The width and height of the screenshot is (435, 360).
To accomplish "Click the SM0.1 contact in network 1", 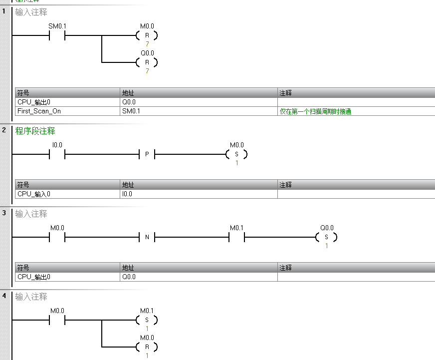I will tap(57, 35).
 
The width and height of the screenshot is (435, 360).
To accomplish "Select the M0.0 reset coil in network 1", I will tap(147, 35).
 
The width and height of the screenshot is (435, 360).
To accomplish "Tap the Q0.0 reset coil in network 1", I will tap(147, 62).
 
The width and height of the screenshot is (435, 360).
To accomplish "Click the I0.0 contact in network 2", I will tap(57, 154).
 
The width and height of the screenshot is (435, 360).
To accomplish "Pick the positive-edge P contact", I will tap(147, 154).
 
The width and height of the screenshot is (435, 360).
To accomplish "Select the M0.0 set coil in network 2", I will tap(236, 154).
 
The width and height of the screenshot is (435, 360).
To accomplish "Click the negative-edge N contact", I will tap(147, 237).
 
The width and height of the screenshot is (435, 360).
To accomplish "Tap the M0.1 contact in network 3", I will tap(236, 237).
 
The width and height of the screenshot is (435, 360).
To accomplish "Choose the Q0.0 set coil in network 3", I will tap(326, 237).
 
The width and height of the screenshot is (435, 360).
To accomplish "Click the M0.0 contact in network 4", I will tap(57, 320).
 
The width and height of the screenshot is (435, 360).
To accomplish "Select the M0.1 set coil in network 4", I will tap(147, 320).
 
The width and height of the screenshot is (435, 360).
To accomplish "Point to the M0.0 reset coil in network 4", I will tap(147, 347).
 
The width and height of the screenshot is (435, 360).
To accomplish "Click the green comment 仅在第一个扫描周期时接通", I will tap(315, 111).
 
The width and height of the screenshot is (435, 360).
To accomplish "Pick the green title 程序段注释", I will tap(35, 131).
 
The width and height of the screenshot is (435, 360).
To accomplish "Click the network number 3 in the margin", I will tap(4, 213).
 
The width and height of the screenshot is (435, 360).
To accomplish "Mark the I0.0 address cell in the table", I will tap(127, 194).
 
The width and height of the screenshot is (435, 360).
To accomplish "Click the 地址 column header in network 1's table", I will tap(128, 93).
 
